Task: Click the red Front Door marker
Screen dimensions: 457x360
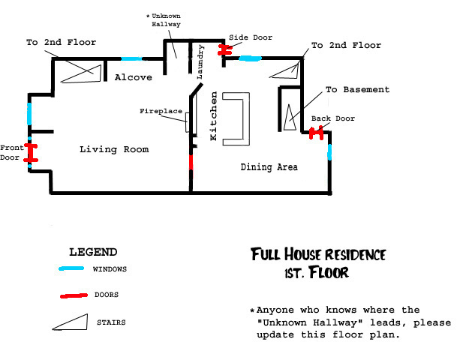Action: (31, 152)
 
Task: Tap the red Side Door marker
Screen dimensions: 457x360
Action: (224, 49)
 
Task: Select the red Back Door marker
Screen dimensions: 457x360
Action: (316, 133)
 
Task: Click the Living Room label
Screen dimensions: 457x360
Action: (114, 149)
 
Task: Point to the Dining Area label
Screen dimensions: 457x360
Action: (269, 167)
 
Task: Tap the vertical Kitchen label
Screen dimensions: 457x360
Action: (214, 115)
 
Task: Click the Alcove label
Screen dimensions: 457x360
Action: (133, 77)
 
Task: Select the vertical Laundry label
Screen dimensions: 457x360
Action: (200, 61)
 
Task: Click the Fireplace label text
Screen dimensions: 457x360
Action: (161, 111)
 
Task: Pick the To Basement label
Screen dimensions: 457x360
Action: (358, 89)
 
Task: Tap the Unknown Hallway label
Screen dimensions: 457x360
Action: (164, 20)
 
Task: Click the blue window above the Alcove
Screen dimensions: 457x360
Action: (132, 58)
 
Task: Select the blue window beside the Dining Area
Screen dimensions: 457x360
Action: (329, 152)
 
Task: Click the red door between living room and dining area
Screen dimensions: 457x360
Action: (191, 163)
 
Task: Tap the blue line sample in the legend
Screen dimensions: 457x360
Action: (71, 268)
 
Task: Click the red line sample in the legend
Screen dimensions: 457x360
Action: (74, 296)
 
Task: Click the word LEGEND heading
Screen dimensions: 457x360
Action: (93, 252)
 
